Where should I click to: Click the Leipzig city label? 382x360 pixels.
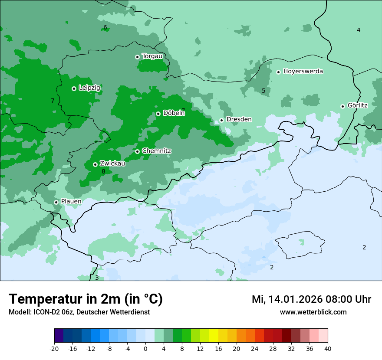[x=89, y=88]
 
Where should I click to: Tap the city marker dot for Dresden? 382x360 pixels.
[x=221, y=120]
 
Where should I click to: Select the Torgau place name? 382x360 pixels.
[x=152, y=56]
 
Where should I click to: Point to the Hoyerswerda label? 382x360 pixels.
[x=303, y=72]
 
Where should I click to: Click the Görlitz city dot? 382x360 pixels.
[x=342, y=106]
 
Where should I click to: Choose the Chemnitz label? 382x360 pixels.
[x=156, y=151]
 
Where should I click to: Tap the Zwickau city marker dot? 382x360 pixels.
[x=95, y=164]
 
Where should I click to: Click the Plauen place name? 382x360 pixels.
[x=71, y=202]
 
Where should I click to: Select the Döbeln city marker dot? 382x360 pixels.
[x=158, y=114]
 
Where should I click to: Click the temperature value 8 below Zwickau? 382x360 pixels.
[x=103, y=172]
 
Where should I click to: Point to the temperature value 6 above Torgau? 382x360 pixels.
[x=105, y=28]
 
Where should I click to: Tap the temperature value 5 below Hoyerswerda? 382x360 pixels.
[x=263, y=91]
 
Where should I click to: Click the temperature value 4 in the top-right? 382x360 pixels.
[x=359, y=30]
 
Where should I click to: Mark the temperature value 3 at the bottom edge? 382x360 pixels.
[x=97, y=278]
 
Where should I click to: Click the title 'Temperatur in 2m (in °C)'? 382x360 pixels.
[x=86, y=299]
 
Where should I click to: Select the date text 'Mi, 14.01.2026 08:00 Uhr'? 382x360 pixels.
[x=311, y=299]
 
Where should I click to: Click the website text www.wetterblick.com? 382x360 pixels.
[x=313, y=312]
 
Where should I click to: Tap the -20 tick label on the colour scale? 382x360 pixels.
[x=54, y=348]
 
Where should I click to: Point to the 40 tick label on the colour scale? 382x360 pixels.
[x=328, y=348]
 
